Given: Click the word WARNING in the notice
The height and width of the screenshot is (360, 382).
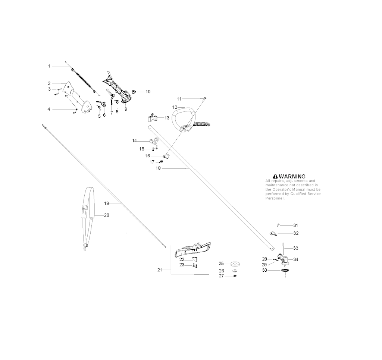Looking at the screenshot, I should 292,176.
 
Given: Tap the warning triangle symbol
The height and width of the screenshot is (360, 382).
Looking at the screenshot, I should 275,176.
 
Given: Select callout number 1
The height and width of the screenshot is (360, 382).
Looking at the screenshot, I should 49,66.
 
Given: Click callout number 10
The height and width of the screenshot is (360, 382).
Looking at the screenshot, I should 148,91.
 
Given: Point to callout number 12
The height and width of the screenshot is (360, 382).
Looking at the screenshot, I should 174,107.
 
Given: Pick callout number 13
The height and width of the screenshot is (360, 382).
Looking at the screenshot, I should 167,118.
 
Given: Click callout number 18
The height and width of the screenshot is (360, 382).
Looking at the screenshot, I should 158,168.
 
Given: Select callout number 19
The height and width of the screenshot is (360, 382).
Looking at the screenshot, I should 106,203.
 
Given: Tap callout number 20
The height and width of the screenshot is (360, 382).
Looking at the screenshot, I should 107,215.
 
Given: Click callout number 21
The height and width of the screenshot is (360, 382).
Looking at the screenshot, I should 160,269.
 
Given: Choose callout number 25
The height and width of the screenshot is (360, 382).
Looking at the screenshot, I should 221,263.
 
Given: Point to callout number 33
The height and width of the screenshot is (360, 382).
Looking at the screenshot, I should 295,248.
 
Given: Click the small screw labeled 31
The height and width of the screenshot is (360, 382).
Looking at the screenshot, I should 278,225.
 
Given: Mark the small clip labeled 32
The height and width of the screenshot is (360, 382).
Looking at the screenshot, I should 273,234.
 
